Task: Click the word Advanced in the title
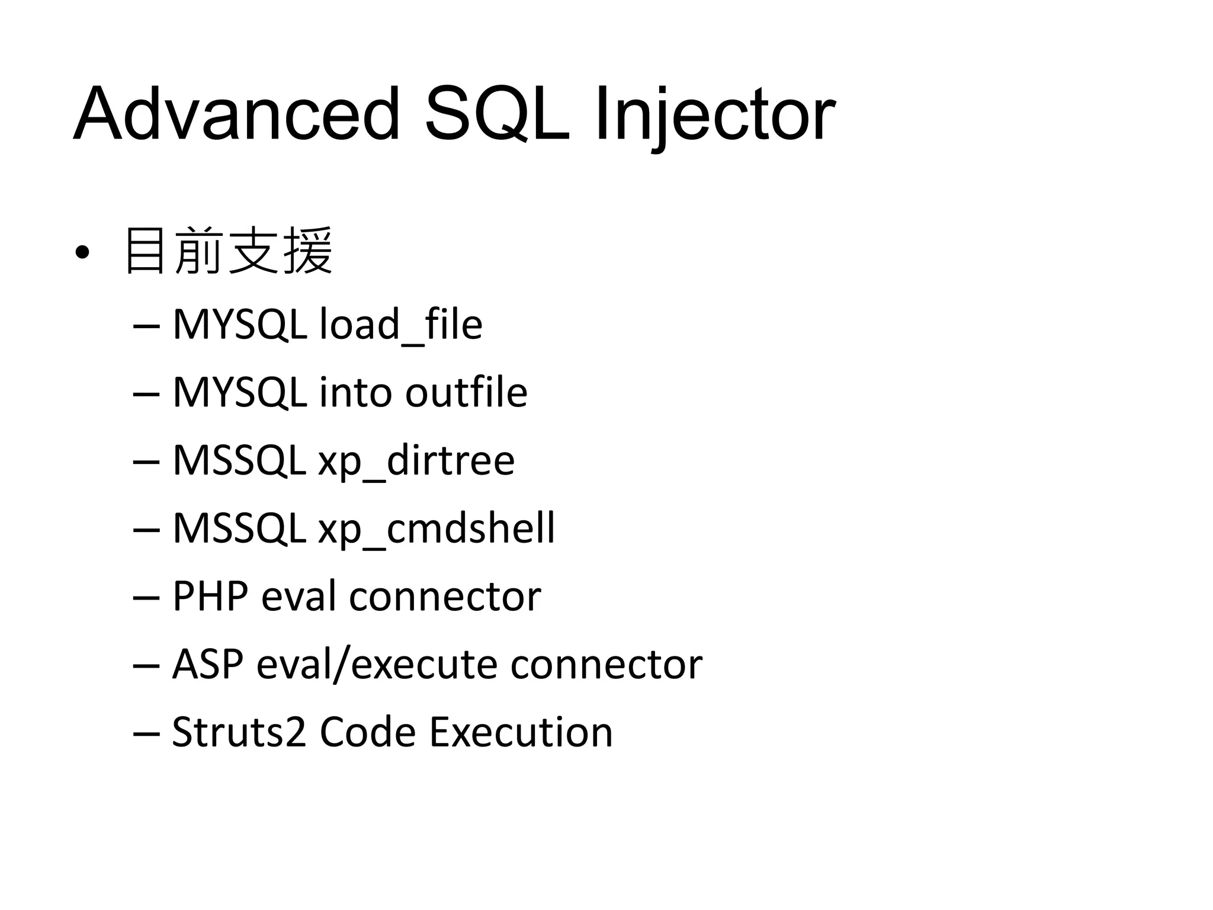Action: tap(237, 114)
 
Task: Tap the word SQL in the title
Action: tap(498, 114)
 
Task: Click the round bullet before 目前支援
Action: tap(82, 253)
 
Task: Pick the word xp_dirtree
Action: tap(416, 460)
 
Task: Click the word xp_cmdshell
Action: tap(437, 528)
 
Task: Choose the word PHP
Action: tap(210, 596)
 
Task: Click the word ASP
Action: tap(207, 664)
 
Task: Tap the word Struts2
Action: tap(239, 732)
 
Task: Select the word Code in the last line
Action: tap(367, 732)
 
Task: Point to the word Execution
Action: tap(521, 732)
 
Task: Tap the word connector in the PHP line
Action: tap(445, 596)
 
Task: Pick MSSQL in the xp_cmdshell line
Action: tap(239, 528)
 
